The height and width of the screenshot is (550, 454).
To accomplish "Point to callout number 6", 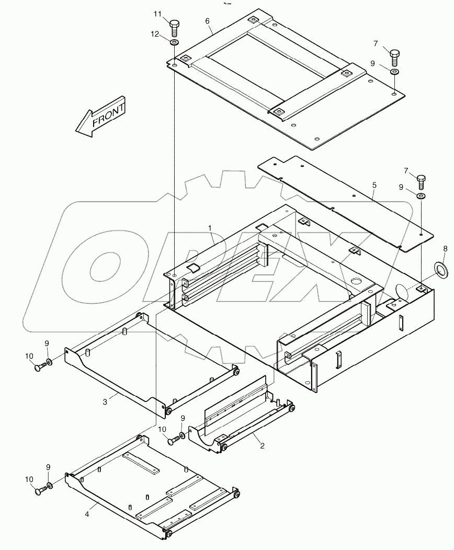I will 207,21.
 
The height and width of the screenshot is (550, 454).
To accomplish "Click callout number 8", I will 445,248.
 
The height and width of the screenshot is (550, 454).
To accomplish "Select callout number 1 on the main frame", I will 210,228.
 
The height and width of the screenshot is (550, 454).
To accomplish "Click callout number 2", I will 262,446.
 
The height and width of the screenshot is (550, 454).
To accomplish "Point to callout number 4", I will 87,514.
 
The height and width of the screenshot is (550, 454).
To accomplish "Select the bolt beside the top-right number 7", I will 395,54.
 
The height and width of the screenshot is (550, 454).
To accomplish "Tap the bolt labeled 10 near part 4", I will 38,490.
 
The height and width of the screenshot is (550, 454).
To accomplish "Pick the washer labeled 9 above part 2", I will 181,435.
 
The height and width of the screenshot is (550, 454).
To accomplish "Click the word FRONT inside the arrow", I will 108,114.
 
